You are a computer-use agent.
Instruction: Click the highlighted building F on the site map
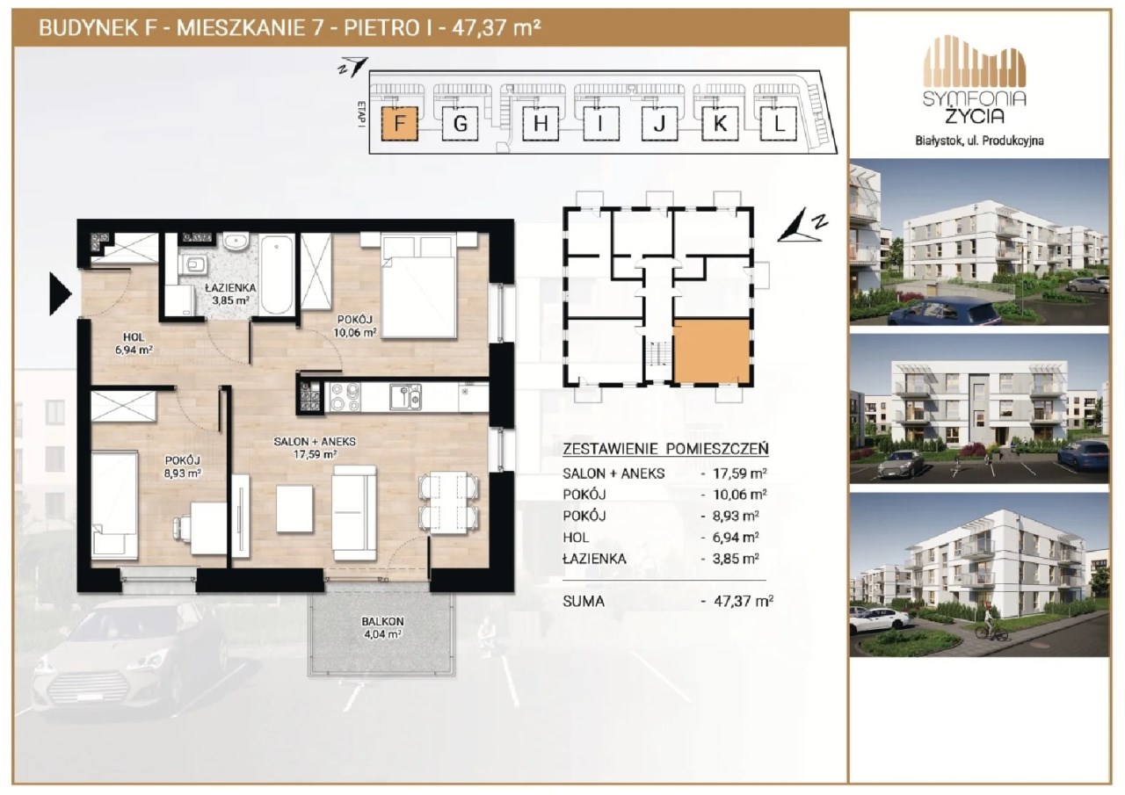400,124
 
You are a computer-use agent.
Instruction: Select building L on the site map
779,124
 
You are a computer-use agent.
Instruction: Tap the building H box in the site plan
541,124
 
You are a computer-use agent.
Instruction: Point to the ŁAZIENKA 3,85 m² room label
230,294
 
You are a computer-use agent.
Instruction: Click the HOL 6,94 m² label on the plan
134,343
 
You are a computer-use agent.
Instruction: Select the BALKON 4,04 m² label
382,627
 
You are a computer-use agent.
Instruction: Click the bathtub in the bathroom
277,275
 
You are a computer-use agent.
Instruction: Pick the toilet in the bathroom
194,264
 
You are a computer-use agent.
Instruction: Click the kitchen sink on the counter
406,397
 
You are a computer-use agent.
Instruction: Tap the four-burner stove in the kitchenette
345,397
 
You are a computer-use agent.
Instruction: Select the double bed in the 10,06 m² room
418,286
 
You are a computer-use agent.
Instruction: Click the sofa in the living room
354,512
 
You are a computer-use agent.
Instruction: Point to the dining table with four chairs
448,502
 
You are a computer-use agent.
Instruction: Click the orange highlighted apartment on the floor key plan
711,351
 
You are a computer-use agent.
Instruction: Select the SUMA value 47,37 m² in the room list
743,601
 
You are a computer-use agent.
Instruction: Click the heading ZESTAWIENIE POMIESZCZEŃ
665,448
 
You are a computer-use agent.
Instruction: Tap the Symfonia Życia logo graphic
975,79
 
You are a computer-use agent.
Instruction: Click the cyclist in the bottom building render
991,625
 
